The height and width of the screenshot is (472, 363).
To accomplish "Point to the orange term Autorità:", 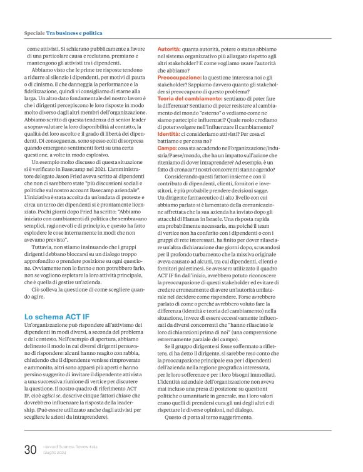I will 169,48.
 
